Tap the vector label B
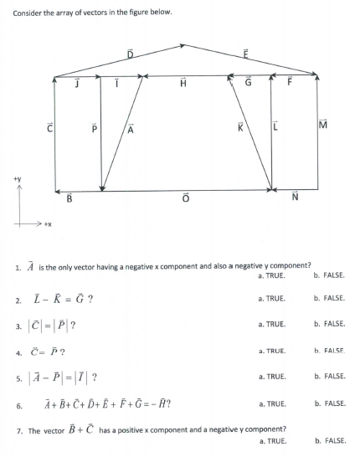tap(69, 200)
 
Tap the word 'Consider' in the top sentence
tap(28, 11)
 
